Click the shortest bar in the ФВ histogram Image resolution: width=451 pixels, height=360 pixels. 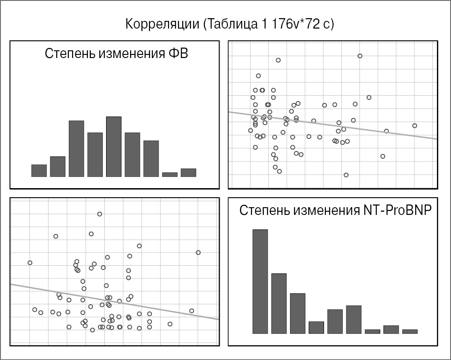(x=170, y=174)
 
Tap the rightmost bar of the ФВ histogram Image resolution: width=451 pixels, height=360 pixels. (x=188, y=172)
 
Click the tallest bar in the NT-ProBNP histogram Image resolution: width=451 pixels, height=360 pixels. (x=260, y=281)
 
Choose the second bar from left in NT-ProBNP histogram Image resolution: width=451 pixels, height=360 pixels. (x=279, y=303)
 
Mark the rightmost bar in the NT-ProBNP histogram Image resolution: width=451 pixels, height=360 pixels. (x=410, y=331)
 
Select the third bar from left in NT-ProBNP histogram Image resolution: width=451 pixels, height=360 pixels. (x=297, y=313)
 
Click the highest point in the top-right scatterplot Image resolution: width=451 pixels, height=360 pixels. (x=360, y=56)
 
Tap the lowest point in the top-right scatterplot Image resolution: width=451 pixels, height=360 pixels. (x=346, y=175)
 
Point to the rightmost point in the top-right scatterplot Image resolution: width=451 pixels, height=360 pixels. (x=414, y=126)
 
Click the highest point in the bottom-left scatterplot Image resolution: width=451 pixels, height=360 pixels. (x=99, y=214)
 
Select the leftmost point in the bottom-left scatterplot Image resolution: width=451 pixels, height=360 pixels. (x=30, y=263)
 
